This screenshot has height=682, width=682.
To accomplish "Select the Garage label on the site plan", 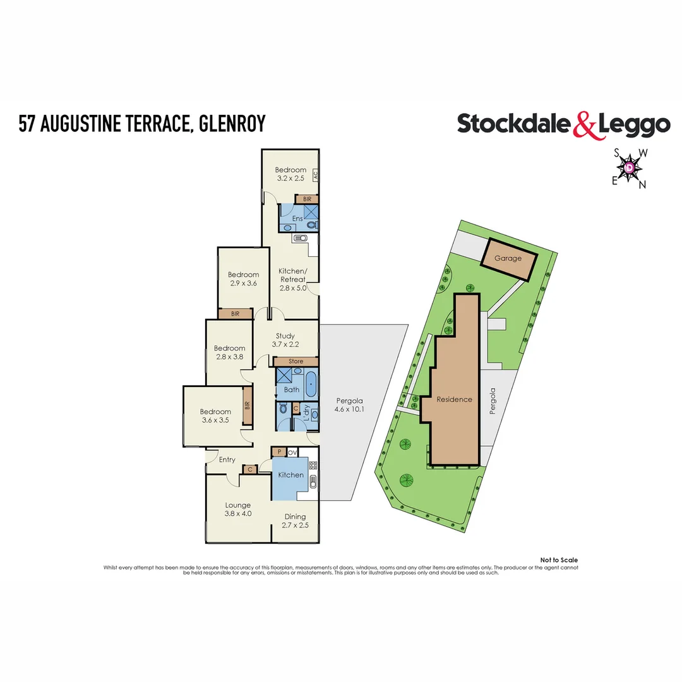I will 508,258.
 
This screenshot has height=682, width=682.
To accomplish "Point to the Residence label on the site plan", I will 454,399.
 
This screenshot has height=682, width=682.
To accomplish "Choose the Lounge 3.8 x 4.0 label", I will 239,509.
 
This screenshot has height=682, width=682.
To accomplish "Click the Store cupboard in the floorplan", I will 296,361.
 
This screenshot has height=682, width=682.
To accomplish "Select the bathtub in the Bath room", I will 311,383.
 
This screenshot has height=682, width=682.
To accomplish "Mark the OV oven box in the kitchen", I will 292,452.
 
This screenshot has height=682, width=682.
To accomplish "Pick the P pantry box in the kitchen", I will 278,452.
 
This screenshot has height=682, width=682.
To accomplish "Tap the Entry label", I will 227,460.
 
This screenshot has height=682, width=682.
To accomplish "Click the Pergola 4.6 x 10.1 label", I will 349,405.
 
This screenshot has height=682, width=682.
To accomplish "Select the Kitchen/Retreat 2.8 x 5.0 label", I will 292,279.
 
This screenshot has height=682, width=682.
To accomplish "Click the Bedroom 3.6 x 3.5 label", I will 215,416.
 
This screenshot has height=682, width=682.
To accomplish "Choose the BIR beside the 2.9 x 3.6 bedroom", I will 235,313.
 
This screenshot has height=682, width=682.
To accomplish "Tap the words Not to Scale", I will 559,560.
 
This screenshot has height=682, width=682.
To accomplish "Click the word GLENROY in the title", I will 232,124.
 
